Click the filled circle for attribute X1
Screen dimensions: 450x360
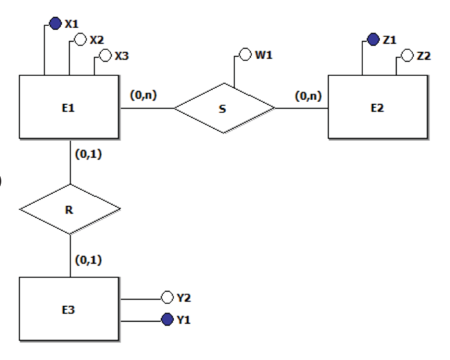click(55, 23)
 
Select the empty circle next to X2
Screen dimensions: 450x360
click(80, 39)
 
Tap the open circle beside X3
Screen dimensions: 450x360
click(105, 55)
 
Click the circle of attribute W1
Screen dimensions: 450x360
click(245, 54)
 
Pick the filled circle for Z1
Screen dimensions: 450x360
click(373, 39)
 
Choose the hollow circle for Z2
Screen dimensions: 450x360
click(408, 55)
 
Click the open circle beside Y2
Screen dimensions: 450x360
click(167, 297)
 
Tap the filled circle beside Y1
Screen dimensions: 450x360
click(167, 319)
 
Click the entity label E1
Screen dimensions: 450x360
click(68, 108)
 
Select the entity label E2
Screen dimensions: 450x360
click(377, 108)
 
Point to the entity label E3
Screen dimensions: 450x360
click(68, 310)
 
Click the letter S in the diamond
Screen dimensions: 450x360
click(223, 109)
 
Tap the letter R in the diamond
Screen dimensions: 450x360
click(69, 210)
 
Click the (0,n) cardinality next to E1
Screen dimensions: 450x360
click(144, 95)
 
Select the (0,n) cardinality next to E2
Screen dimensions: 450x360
click(308, 96)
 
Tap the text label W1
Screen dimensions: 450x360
click(264, 55)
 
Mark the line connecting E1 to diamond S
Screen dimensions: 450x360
click(147, 108)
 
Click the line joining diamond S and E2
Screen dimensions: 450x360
click(301, 108)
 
